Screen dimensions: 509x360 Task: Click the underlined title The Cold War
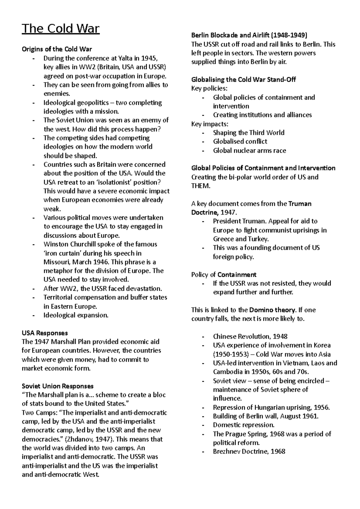[61, 29]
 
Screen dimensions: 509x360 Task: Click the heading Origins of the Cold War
[57, 49]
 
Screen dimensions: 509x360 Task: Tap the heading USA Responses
[45, 333]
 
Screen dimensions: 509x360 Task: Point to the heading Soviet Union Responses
[58, 386]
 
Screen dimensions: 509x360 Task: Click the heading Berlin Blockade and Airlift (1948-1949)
[249, 35]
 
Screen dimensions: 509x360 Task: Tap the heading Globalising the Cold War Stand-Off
[244, 80]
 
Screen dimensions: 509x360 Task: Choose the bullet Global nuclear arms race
[249, 150]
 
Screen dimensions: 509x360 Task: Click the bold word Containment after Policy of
[237, 275]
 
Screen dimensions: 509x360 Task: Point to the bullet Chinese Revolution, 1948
[250, 337]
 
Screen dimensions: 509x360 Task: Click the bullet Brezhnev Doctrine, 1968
[249, 451]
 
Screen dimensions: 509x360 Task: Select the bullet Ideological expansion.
[76, 315]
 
